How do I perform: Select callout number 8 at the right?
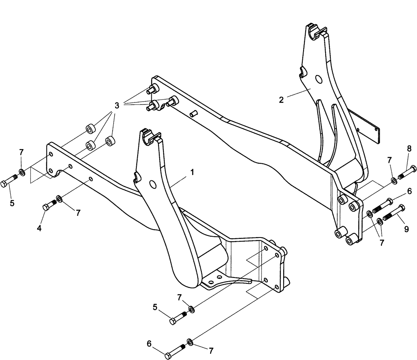(x=409, y=148)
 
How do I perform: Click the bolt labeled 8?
(x=407, y=172)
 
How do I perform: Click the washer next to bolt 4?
(x=59, y=199)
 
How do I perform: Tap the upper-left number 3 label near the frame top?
(x=117, y=105)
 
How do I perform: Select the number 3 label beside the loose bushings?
(x=117, y=105)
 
